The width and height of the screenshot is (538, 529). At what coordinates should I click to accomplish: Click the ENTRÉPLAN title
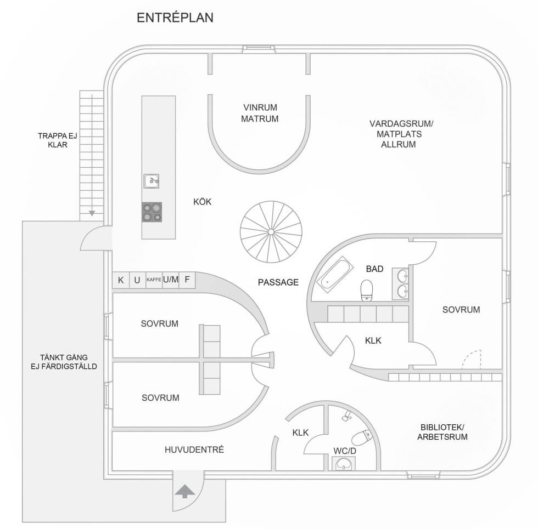tap(175, 18)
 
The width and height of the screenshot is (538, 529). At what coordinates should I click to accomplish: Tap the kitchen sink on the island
tap(152, 180)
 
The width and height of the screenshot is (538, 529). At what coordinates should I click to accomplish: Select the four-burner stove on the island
tap(152, 212)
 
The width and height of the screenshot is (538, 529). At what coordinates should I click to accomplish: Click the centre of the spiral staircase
tap(271, 232)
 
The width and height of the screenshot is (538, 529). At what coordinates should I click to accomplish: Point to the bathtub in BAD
tap(334, 275)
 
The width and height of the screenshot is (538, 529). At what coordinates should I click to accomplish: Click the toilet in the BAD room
tap(366, 291)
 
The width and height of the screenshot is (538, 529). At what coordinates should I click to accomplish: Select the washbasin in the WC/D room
tap(344, 464)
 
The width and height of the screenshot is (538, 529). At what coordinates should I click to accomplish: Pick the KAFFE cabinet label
tap(154, 280)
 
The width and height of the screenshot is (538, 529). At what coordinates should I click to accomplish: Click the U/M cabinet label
tap(171, 280)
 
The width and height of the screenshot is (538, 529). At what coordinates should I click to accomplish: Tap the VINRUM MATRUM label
tap(260, 113)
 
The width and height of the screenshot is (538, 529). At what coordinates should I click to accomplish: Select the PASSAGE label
tap(278, 282)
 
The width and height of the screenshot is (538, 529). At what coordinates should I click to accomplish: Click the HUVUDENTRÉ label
tap(194, 450)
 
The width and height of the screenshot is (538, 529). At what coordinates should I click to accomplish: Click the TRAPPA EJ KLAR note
tap(53, 141)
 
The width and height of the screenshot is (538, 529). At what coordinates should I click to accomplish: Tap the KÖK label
tap(202, 202)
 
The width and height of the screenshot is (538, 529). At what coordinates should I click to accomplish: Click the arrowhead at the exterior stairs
tap(92, 213)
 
